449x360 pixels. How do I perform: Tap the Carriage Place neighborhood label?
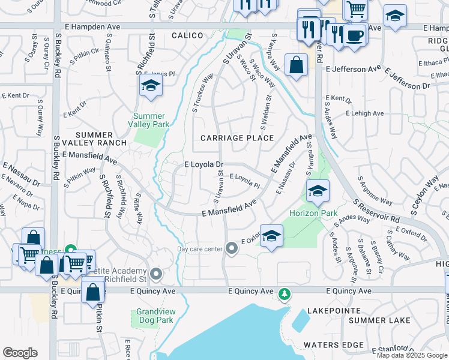(237, 138)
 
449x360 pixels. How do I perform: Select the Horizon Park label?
(313, 214)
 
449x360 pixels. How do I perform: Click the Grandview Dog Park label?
(155, 316)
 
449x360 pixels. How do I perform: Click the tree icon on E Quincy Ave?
(285, 295)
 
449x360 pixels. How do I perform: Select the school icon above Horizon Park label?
(317, 191)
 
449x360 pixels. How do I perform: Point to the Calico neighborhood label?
(188, 36)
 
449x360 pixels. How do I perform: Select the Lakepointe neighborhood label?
(333, 311)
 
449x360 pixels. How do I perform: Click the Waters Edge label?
(333, 345)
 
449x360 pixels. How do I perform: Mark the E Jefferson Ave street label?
(354, 69)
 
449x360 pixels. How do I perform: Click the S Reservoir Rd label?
(376, 211)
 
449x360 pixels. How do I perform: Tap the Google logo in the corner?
(20, 353)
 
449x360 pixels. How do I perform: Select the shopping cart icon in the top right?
(355, 9)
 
